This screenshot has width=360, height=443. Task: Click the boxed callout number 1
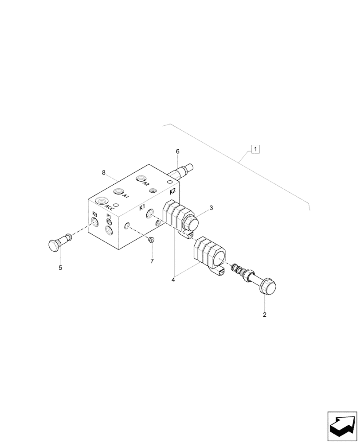coord(255,149)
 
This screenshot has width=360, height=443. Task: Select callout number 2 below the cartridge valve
coord(265,315)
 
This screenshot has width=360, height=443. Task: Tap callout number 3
coord(211,208)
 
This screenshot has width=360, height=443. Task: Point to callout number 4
coord(174,280)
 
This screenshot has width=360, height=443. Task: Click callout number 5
coord(60,267)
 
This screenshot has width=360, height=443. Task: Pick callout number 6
coord(178,152)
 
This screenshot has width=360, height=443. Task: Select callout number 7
coord(152,261)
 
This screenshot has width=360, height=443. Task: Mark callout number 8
coord(104,172)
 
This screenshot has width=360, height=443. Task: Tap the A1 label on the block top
coord(126,196)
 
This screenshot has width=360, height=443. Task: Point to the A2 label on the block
coord(146,184)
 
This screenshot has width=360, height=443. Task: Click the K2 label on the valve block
coord(173,192)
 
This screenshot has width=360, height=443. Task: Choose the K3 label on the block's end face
coord(94,214)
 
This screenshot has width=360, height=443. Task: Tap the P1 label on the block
coord(109,216)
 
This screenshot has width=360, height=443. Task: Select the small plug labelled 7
coord(150,240)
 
